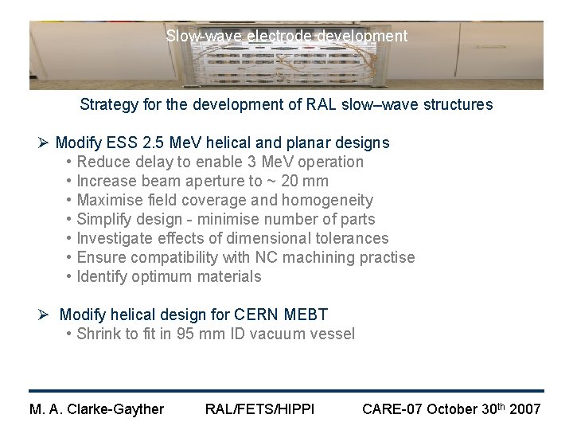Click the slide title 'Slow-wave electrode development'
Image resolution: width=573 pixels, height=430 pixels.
(x=286, y=36)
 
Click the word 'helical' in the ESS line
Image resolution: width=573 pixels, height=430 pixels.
(x=230, y=143)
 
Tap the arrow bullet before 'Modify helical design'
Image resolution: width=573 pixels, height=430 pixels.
(x=45, y=315)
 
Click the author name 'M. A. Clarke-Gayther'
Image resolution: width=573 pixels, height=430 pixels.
(x=96, y=409)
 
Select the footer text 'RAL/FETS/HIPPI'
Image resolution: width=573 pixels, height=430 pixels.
(x=259, y=409)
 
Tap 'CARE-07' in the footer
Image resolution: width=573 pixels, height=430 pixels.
(x=392, y=409)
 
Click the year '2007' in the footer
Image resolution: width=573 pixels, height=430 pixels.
(x=524, y=409)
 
